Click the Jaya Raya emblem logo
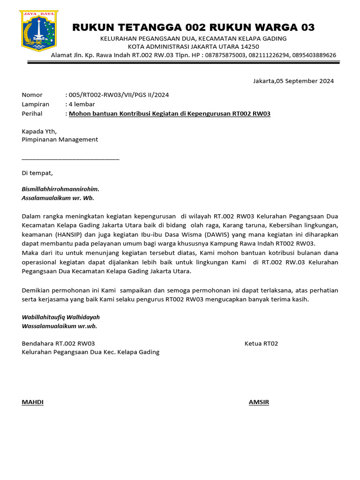pyautogui.click(x=38, y=30)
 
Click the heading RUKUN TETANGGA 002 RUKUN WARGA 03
pyautogui.click(x=193, y=27)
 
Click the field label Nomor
pyautogui.click(x=32, y=95)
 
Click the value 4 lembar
pyautogui.click(x=82, y=104)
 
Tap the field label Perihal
pyautogui.click(x=32, y=113)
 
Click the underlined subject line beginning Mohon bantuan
pyautogui.click(x=170, y=113)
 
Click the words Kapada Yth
pyautogui.click(x=39, y=131)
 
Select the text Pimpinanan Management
pyautogui.click(x=60, y=139)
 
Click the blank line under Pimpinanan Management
pyautogui.click(x=70, y=159)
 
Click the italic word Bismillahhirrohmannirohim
pyautogui.click(x=60, y=189)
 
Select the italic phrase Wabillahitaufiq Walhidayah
pyautogui.click(x=60, y=317)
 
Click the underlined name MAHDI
pyautogui.click(x=33, y=402)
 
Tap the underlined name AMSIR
pyautogui.click(x=259, y=402)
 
